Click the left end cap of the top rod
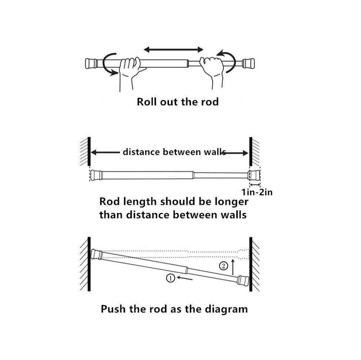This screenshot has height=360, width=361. click(x=91, y=64)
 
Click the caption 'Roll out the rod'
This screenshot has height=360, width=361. click(x=178, y=102)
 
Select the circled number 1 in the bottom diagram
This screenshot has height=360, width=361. click(x=171, y=278)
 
